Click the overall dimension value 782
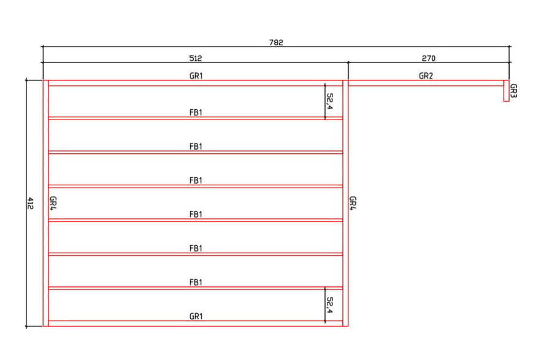[276, 42]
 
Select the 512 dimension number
[196, 58]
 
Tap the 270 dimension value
[429, 58]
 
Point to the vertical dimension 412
[30, 203]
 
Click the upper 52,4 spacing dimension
[329, 101]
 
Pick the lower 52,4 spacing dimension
[329, 305]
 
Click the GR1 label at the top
[196, 75]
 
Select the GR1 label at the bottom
[196, 316]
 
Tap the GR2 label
[426, 75]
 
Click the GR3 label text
[513, 91]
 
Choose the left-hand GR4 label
[53, 203]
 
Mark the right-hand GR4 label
[353, 203]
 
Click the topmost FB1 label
[196, 113]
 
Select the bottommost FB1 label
[196, 282]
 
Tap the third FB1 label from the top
[196, 180]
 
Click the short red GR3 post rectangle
[506, 91]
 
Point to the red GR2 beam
[426, 83]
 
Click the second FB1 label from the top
[196, 147]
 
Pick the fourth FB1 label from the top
[196, 214]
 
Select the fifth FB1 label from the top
[196, 248]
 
